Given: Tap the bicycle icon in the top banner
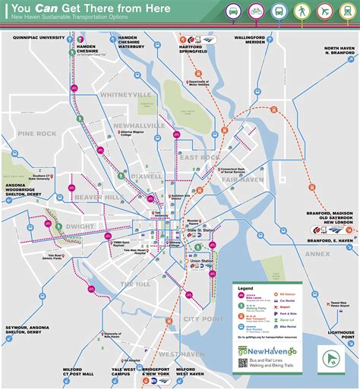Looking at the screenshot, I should point(256,11).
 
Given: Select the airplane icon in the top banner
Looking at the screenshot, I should point(325,11).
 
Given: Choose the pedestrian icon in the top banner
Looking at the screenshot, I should point(302,11).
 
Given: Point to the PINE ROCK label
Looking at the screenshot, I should point(37,133).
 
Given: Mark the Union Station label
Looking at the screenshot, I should point(202,262).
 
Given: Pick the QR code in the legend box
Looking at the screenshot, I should point(243,363).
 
